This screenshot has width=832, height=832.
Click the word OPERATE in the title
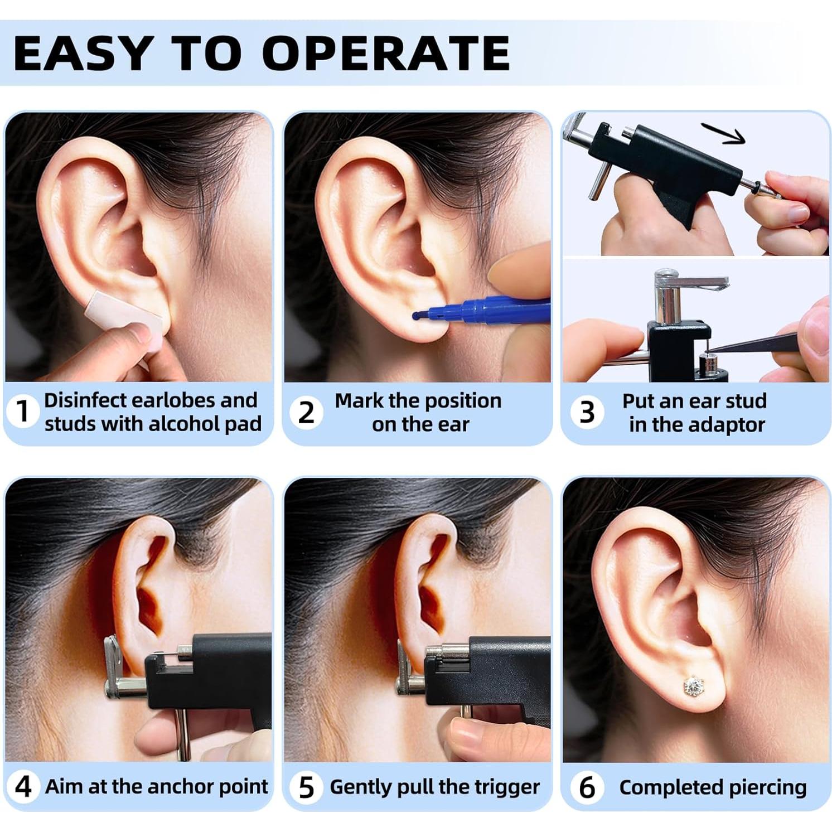(386, 54)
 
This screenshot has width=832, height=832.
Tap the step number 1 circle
(22, 412)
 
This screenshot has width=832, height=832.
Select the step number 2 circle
(306, 413)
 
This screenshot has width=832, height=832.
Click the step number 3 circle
(587, 413)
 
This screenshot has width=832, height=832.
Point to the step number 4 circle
(22, 787)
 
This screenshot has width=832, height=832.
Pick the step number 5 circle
(306, 787)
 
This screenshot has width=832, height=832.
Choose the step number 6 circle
(587, 787)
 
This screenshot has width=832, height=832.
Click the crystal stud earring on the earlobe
(693, 685)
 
